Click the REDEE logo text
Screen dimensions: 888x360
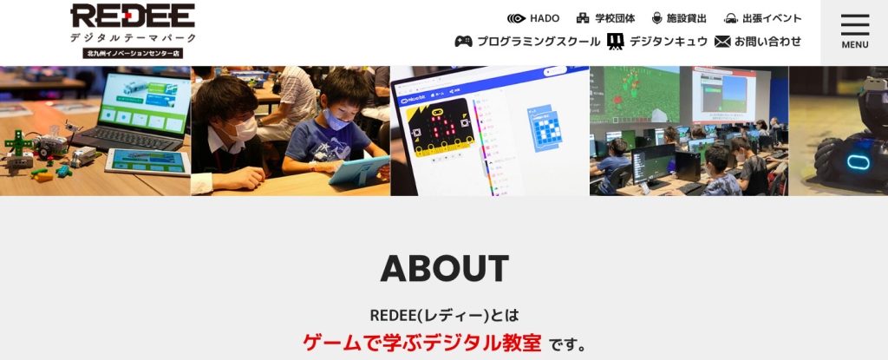click(x=133, y=16)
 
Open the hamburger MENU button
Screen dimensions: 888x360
click(x=854, y=32)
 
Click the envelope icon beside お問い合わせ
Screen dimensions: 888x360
click(x=722, y=42)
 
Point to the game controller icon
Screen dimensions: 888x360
click(x=463, y=42)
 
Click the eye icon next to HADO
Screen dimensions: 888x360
click(x=517, y=18)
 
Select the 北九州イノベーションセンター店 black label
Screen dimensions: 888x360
click(x=133, y=53)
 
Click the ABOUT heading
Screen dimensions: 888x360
click(x=445, y=268)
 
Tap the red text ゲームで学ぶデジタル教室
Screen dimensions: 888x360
click(x=422, y=343)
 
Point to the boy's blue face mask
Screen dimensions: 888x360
click(x=335, y=120)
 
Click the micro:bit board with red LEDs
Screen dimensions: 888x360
click(x=441, y=128)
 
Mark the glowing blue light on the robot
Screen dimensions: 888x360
click(x=858, y=161)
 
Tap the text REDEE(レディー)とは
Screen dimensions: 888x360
click(x=445, y=315)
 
